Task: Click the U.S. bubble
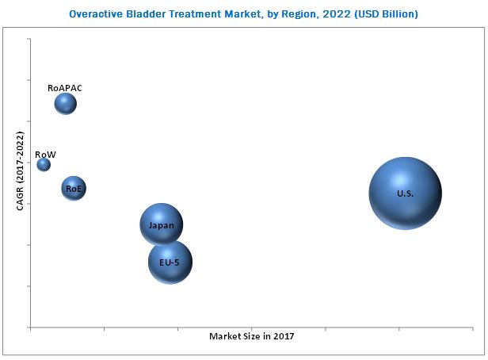point(405,193)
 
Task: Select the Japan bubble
point(162,224)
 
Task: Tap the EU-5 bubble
point(170,262)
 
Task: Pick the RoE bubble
point(74,189)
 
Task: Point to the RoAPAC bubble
point(66,104)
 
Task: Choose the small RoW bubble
point(44,165)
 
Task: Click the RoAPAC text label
point(65,88)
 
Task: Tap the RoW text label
point(45,154)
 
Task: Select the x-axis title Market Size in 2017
point(251,336)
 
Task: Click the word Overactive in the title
point(97,14)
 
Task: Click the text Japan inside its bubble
point(162,225)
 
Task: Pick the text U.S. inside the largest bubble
point(405,194)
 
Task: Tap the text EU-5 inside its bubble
point(170,262)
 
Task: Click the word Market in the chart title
point(248,14)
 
